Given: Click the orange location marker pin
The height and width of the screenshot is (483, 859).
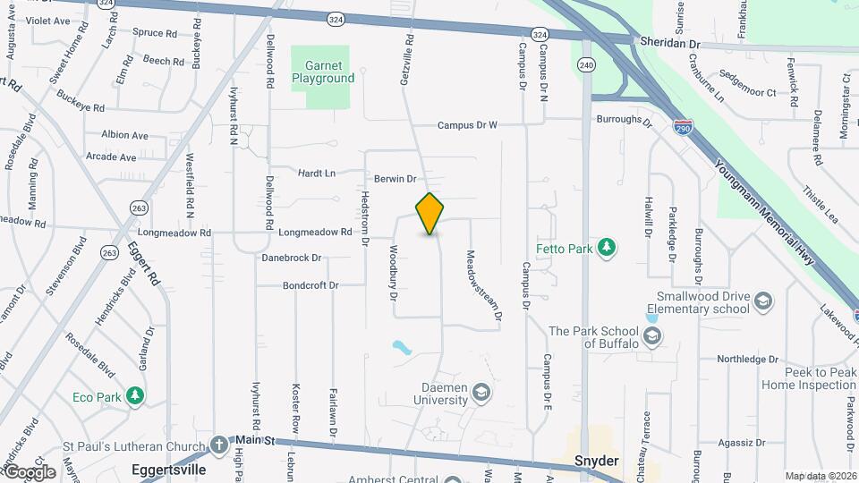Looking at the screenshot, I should click(430, 214).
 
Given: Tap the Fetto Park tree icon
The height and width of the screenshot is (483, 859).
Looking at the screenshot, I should click(607, 246).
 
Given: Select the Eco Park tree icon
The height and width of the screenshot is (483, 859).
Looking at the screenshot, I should click(134, 394).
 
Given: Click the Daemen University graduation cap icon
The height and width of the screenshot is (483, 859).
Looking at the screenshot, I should click(481, 392).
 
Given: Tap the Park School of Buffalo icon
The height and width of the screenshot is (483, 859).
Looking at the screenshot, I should click(653, 336).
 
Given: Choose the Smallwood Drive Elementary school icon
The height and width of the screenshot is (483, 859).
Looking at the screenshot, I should click(762, 301).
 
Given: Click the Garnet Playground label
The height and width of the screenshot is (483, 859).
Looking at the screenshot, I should click(323, 72).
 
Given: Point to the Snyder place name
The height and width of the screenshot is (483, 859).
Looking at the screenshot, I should click(597, 461).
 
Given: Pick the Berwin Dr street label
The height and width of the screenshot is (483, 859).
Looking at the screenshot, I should click(395, 179).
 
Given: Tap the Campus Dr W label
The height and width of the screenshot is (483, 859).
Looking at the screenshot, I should click(467, 125).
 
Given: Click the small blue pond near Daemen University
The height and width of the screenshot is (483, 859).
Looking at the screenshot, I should click(401, 345).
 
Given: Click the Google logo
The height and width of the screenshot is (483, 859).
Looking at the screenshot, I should click(30, 471).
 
